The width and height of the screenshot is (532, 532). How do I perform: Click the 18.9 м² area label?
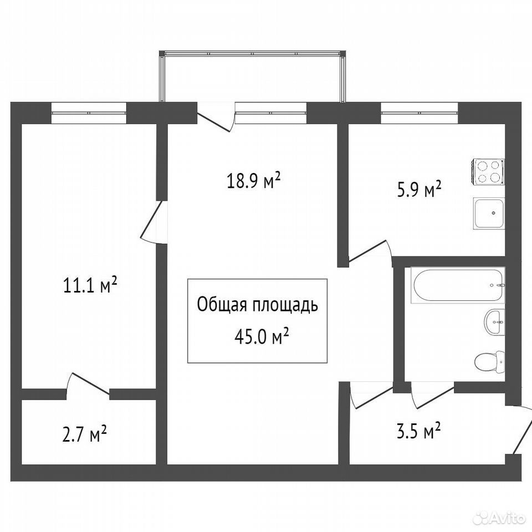[253, 180]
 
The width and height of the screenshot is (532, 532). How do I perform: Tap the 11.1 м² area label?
[90, 284]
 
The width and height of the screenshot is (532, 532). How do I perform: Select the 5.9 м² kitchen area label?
[419, 190]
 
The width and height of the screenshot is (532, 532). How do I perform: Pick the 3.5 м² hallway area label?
[419, 431]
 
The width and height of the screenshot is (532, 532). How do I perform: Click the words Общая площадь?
[258, 305]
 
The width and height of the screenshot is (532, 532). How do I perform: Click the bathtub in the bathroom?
[458, 285]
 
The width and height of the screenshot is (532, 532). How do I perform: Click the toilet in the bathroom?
[489, 362]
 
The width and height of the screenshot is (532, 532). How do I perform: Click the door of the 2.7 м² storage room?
[88, 386]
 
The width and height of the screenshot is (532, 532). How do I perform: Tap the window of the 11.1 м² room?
[89, 112]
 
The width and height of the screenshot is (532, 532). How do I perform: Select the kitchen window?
[420, 112]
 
